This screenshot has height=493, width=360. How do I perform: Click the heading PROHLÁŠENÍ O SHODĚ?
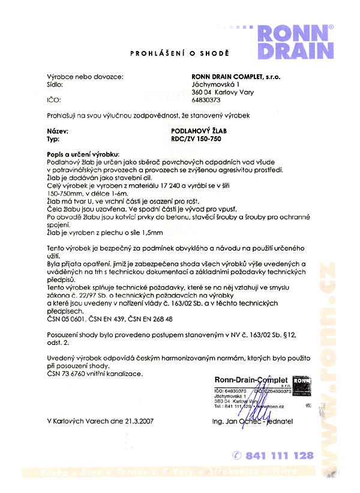click(180, 54)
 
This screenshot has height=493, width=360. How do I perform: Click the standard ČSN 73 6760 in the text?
click(68, 374)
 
